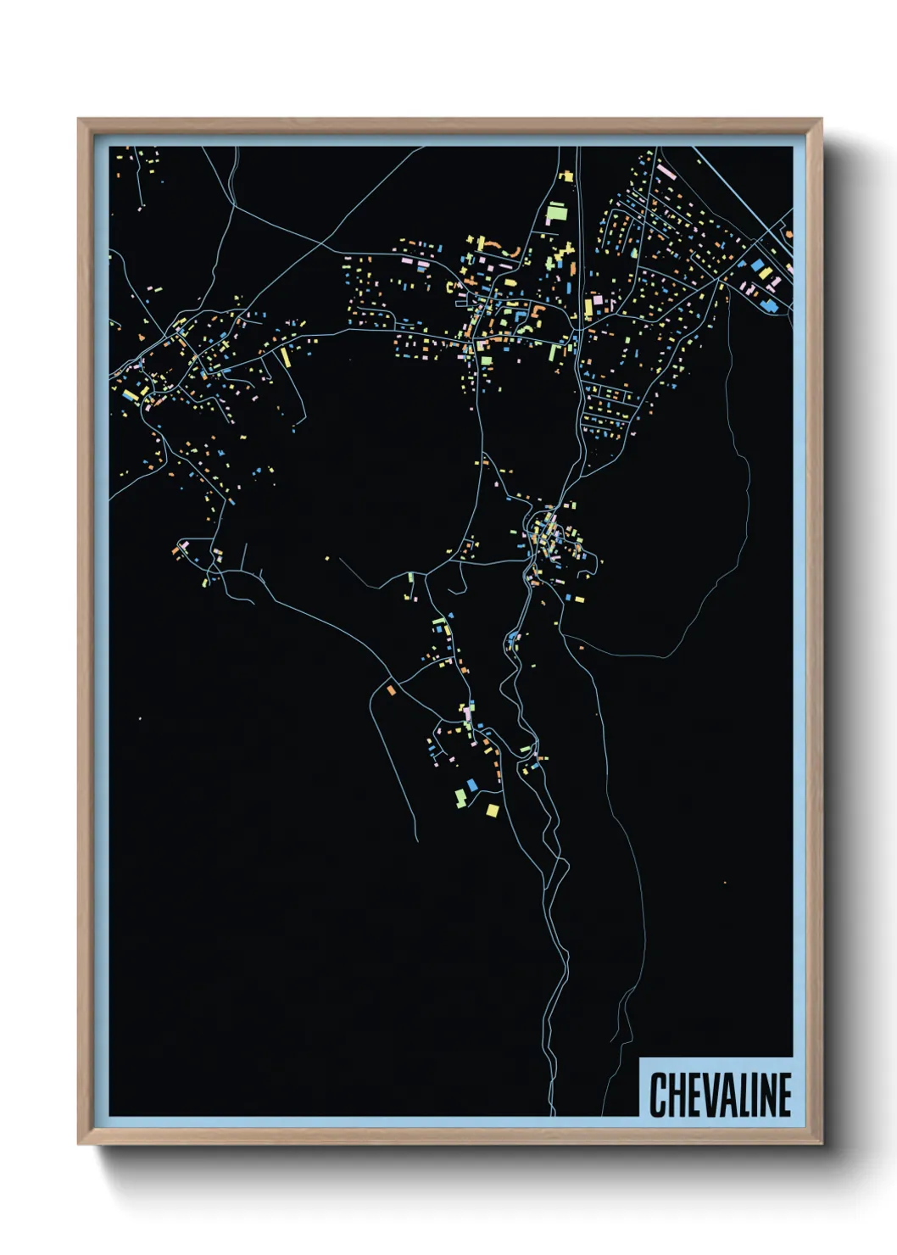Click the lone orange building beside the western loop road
tap(391, 690)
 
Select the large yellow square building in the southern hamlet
tap(492, 811)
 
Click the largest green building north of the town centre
tap(556, 211)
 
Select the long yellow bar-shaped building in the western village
tap(286, 357)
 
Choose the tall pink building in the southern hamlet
tap(466, 714)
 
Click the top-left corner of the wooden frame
tap(79, 120)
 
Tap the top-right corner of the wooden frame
tap(822, 120)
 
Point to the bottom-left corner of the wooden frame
tap(79, 1144)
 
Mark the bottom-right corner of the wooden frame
tap(822, 1144)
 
